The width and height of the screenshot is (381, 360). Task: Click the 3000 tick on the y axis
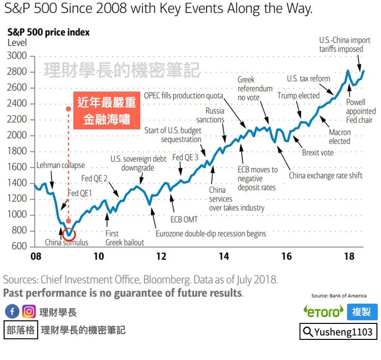pos(18,56)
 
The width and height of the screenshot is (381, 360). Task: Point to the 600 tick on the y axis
pos(20,247)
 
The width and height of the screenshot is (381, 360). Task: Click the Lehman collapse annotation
pos(60,166)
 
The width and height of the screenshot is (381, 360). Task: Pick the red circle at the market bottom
pos(69,235)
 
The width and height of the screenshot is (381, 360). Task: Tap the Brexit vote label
pos(318,152)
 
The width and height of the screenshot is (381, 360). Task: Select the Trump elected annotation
pos(299,95)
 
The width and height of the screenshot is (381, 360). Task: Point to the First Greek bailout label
pos(125,238)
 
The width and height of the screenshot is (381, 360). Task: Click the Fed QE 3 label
pos(185,158)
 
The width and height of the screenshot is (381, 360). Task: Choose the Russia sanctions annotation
pos(215,115)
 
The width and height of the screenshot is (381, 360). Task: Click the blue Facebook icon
pos(12,312)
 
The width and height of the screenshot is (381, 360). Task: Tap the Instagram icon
pos(29,312)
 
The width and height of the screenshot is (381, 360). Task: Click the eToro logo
pos(324,312)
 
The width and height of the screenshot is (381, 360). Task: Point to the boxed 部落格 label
pos(21,330)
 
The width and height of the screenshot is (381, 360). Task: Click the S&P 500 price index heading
pos(48,32)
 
